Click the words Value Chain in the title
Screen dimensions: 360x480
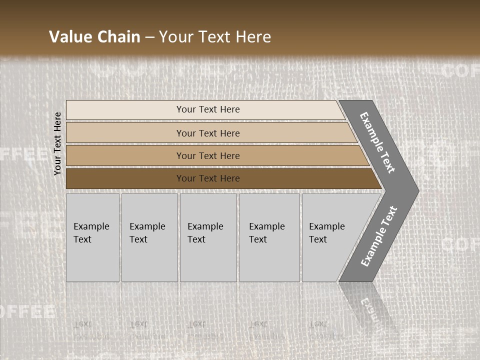click(94, 36)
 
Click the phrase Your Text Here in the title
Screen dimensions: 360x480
click(215, 36)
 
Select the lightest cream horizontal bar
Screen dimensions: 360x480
click(125, 110)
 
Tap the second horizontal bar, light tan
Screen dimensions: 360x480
click(125, 133)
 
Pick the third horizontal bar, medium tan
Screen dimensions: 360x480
click(125, 155)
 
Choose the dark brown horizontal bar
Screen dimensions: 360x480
click(125, 178)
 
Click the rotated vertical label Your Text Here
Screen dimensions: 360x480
click(57, 143)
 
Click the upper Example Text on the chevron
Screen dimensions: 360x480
click(377, 142)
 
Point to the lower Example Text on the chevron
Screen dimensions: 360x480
click(378, 236)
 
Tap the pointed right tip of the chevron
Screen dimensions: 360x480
click(415, 190)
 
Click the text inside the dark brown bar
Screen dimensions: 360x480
click(208, 178)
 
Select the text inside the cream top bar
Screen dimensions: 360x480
click(208, 109)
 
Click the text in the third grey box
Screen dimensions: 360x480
click(205, 233)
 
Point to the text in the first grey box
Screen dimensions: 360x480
click(91, 233)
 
